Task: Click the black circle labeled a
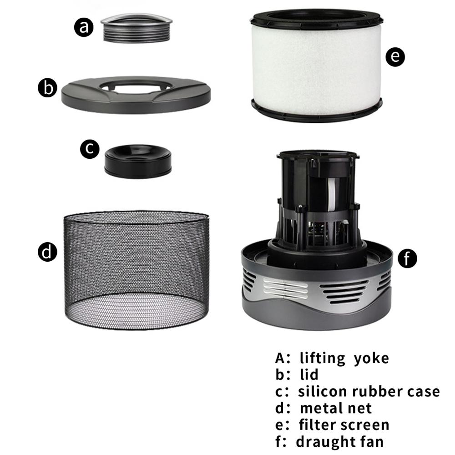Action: (84, 28)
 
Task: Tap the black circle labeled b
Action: (48, 88)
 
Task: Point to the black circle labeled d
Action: (47, 252)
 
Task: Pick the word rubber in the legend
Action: (374, 391)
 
